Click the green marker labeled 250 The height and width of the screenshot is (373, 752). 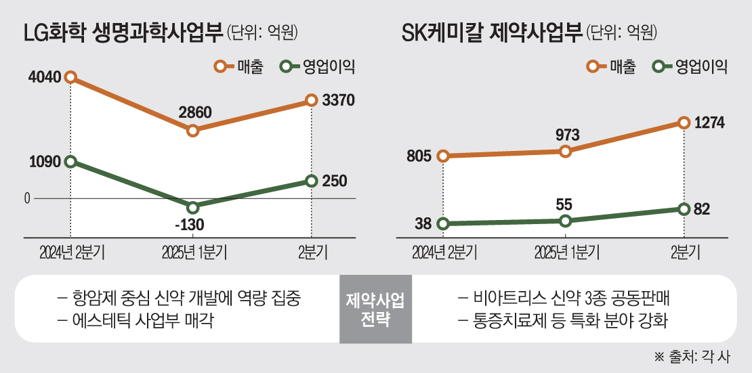pyautogui.click(x=311, y=181)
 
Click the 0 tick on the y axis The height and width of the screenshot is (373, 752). pyautogui.click(x=27, y=198)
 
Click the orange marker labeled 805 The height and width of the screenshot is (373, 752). pyautogui.click(x=443, y=156)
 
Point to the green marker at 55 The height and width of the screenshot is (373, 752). pyautogui.click(x=567, y=221)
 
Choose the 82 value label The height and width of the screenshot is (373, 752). pyautogui.click(x=702, y=209)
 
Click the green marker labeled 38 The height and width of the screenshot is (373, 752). pyautogui.click(x=443, y=223)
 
